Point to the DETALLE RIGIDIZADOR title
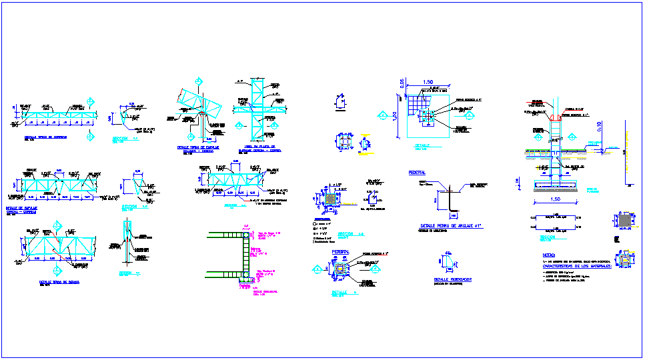[453, 280]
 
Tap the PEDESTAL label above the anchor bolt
[417, 173]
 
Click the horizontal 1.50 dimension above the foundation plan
[428, 82]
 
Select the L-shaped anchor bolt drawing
[452, 201]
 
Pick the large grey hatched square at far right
[625, 221]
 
